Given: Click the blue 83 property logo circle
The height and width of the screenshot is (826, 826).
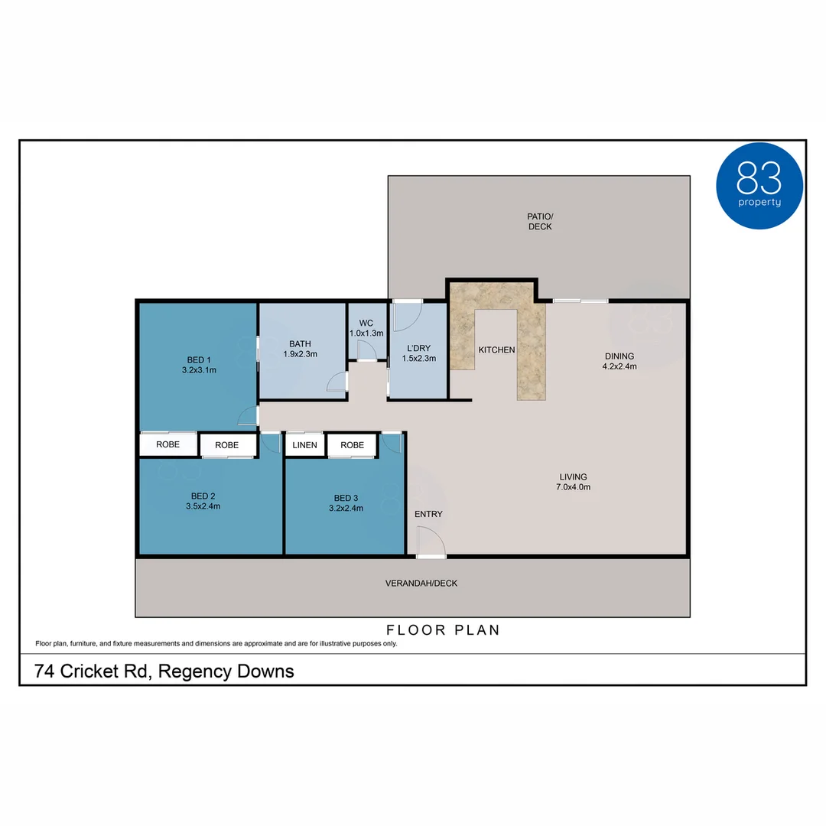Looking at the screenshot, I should pyautogui.click(x=759, y=186).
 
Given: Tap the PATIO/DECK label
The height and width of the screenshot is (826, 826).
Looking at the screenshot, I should pyautogui.click(x=539, y=221).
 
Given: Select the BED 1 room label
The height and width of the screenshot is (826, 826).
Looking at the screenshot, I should pyautogui.click(x=199, y=359).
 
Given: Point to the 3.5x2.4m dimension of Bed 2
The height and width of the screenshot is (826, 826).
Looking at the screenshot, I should pyautogui.click(x=203, y=506).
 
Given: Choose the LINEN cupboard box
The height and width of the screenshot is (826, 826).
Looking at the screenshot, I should pyautogui.click(x=304, y=445).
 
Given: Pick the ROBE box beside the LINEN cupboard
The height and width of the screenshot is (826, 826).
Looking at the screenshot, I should pyautogui.click(x=352, y=445).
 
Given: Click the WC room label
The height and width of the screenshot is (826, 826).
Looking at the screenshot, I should pyautogui.click(x=366, y=323).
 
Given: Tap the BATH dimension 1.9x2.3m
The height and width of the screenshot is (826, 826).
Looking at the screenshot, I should pyautogui.click(x=300, y=354).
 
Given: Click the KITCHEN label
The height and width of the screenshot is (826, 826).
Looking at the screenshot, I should pyautogui.click(x=496, y=350).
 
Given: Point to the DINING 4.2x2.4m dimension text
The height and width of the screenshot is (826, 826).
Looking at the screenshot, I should pyautogui.click(x=619, y=366).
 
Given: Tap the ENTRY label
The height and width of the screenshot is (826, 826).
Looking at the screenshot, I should pyautogui.click(x=428, y=514).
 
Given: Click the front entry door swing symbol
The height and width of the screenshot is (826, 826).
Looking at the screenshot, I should pyautogui.click(x=431, y=543).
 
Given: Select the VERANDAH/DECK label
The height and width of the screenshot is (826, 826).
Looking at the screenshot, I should pyautogui.click(x=421, y=583).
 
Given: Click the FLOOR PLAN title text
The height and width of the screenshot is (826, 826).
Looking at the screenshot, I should pyautogui.click(x=443, y=630).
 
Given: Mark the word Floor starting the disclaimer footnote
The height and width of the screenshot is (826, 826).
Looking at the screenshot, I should pyautogui.click(x=44, y=644).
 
